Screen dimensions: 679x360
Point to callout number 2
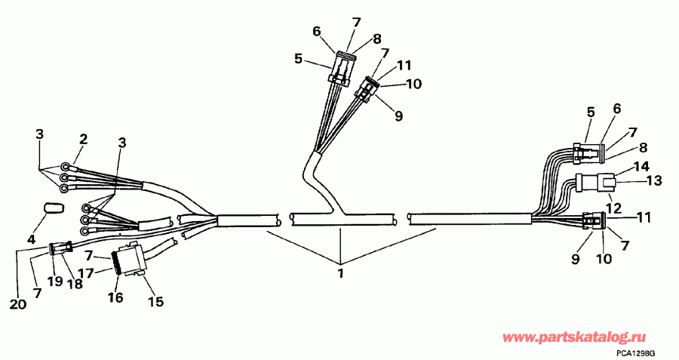[x=84, y=139]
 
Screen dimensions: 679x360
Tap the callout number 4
[x=32, y=240]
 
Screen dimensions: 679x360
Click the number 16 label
[x=115, y=297]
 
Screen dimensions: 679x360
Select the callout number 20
[x=18, y=304]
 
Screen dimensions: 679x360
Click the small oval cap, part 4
[x=52, y=207]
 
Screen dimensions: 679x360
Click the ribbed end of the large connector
[x=116, y=263]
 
